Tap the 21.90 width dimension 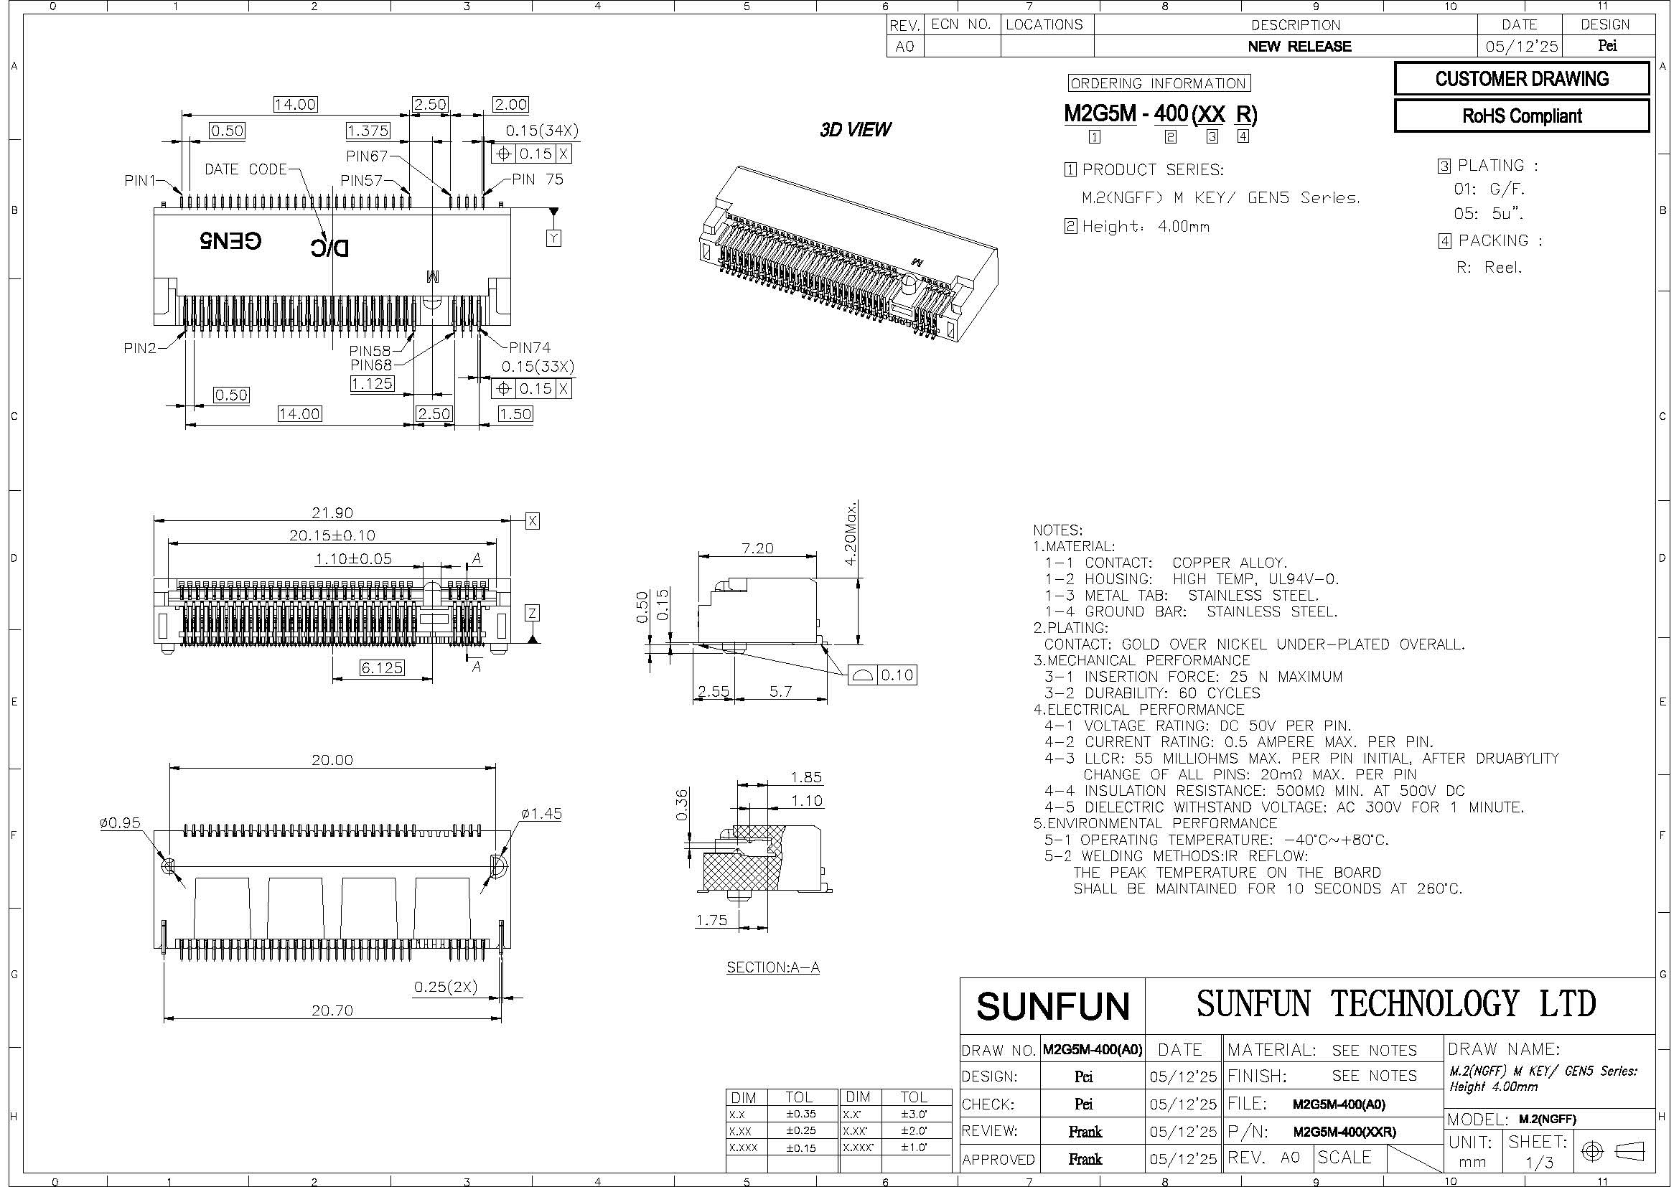coord(332,513)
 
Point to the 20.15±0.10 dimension coord(332,535)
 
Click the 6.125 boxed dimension coord(382,667)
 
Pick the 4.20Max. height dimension coord(851,533)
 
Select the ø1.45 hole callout coord(541,814)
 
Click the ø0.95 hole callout coord(120,823)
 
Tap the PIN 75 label coord(538,180)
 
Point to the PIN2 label coord(140,348)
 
